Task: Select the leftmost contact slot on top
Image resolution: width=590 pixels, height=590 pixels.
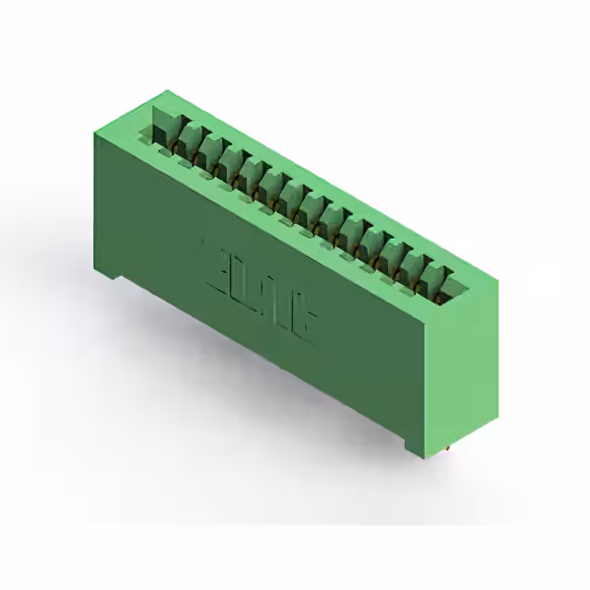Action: (x=165, y=128)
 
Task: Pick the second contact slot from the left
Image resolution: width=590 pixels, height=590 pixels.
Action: (x=188, y=141)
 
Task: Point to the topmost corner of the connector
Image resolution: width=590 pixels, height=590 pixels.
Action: (x=166, y=90)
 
